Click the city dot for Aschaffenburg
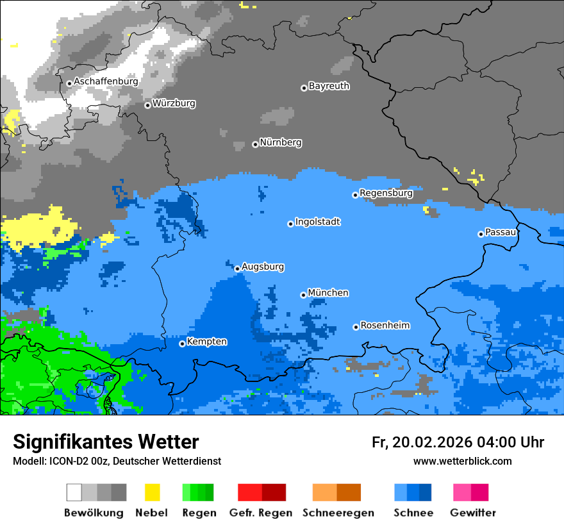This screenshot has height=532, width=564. [x=69, y=83]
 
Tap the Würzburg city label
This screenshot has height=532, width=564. [x=174, y=103]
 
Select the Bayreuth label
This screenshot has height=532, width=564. [x=329, y=86]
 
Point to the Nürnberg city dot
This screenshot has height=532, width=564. [x=255, y=144]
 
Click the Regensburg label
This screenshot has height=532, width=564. [x=386, y=193]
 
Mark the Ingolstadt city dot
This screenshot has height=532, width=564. [x=290, y=224]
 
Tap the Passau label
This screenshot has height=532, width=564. [x=501, y=232]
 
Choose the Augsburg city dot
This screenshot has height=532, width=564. [x=237, y=269]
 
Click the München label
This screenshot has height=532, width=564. [x=328, y=293]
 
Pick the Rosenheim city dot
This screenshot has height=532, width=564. [x=356, y=327]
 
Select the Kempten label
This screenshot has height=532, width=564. [x=206, y=342]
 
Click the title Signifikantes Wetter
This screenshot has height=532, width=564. [x=106, y=442]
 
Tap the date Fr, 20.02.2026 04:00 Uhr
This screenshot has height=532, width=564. [x=458, y=442]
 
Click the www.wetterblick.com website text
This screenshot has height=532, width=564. [x=462, y=461]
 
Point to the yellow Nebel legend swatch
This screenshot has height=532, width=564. [x=152, y=492]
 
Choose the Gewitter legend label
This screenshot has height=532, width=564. [x=473, y=513]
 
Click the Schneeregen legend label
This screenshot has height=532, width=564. [x=338, y=513]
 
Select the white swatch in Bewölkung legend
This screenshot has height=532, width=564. [x=74, y=492]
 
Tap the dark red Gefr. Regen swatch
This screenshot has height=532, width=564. [x=274, y=492]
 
